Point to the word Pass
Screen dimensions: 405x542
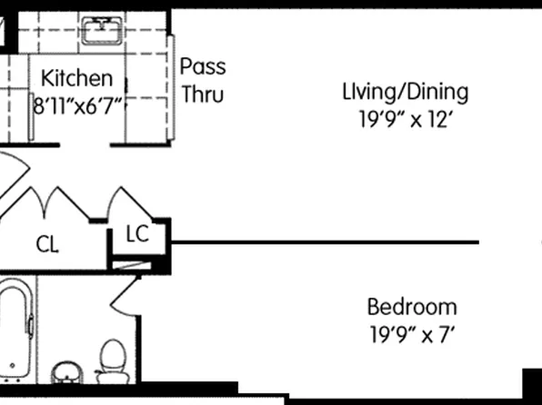202,67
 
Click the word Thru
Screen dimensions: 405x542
202,93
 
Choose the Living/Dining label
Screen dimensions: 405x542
405,92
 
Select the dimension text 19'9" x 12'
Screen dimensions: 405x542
405,119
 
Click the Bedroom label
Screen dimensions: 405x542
411,306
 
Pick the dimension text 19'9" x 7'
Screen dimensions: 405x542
411,333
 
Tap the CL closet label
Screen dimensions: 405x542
48,244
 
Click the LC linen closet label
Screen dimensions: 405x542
136,234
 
